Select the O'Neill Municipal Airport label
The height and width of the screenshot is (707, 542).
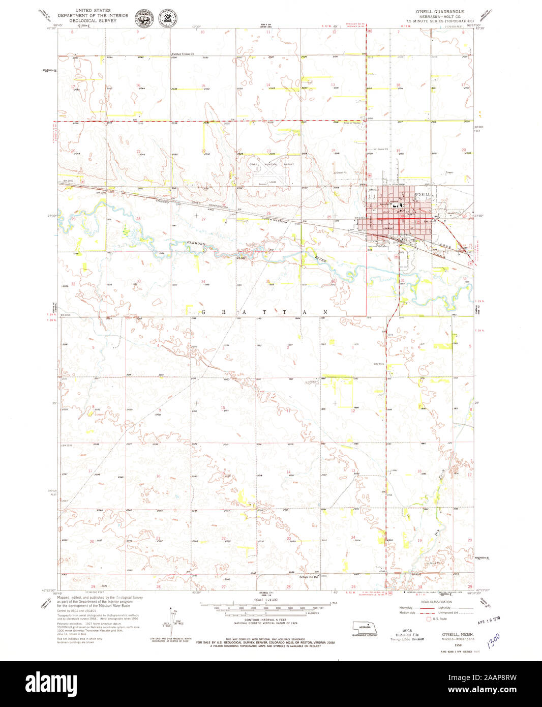[x=271, y=165]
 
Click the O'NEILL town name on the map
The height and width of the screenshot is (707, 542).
[x=423, y=195]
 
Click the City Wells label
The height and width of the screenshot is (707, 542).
[x=379, y=364]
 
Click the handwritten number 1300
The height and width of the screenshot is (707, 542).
[x=494, y=641]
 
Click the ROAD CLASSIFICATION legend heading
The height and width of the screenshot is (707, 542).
[x=436, y=602]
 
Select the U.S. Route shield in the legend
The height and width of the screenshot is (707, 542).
[x=429, y=619]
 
